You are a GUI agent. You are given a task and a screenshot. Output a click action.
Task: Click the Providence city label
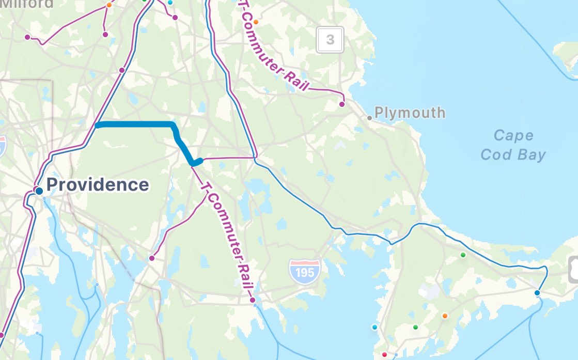pos(97,184)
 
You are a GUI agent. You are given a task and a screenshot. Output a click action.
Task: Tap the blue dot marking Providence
pos(39,191)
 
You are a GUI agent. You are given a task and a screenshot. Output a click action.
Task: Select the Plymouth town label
pos(410,112)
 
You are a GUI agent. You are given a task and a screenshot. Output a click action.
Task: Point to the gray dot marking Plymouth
pos(369,118)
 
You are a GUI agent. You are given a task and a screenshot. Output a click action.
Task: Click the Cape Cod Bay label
pos(513,145)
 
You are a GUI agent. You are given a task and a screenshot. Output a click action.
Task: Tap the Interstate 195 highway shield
pos(304,271)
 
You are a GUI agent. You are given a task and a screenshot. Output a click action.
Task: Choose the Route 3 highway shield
pos(330,39)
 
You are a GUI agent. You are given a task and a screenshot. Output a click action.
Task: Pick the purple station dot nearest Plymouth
pos(341,104)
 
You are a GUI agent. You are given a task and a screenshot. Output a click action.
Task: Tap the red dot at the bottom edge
pos(384,354)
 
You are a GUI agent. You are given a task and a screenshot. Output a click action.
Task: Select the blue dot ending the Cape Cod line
pos(537,293)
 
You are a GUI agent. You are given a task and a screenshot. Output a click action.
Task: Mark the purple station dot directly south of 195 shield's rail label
pos(253,300)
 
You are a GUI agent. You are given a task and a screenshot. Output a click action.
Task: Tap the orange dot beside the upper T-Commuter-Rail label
pos(255,22)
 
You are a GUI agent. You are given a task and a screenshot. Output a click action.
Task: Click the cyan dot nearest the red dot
pos(374,327)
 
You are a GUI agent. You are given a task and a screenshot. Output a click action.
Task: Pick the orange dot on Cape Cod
pos(445,316)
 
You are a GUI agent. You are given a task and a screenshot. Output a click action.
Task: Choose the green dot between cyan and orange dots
pos(415,327)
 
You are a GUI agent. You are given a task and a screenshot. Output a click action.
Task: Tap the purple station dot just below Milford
pos(27,37)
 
